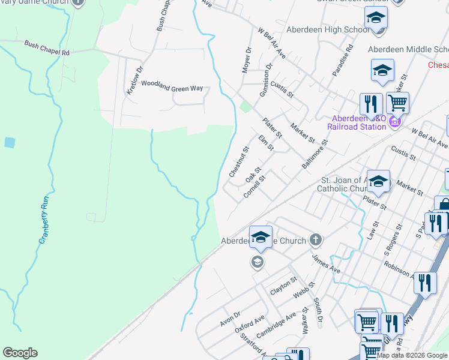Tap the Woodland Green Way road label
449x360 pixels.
coord(171,89)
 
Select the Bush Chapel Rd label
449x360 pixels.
coord(47,48)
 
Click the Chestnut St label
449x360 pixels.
coord(239,161)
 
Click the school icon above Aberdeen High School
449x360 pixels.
coord(376,18)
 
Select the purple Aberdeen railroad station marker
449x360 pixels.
coord(394,122)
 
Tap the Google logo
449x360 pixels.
coord(20,353)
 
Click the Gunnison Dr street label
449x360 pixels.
coord(266,80)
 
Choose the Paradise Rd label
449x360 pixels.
coord(343,60)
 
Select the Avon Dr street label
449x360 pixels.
coord(229,319)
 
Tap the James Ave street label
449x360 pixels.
coord(325,264)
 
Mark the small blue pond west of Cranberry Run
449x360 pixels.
coord(9,143)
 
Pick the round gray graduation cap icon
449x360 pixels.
coord(257,262)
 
